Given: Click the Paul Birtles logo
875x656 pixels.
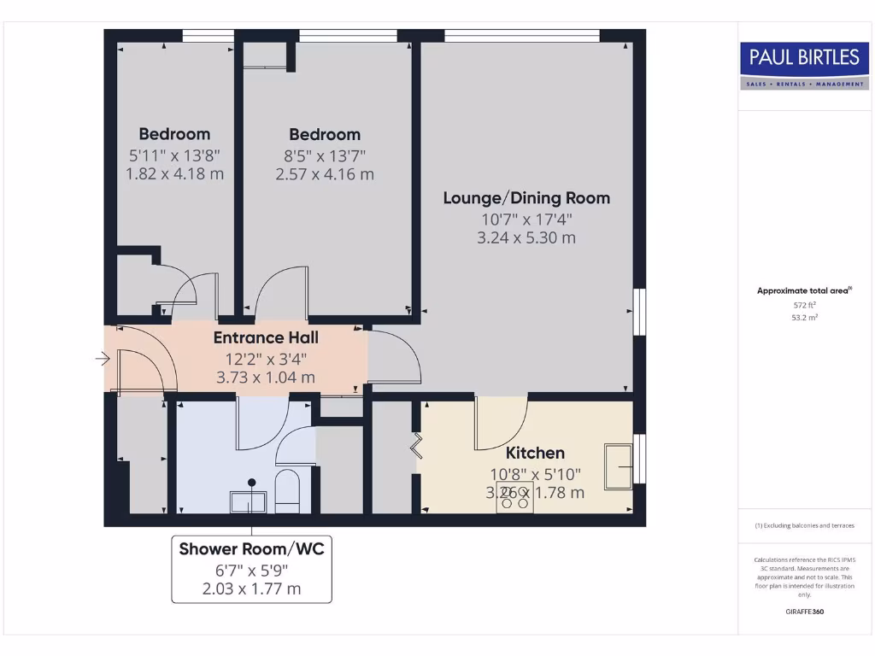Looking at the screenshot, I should click(x=803, y=66).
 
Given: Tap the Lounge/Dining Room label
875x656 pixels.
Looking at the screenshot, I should click(x=526, y=198).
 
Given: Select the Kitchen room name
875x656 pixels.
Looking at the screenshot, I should click(x=535, y=453).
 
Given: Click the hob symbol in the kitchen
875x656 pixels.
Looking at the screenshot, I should click(x=514, y=498).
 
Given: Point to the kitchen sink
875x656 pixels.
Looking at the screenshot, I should click(x=619, y=466).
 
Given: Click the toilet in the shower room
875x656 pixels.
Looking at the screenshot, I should click(x=288, y=490).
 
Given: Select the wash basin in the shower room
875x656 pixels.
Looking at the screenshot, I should click(x=248, y=501).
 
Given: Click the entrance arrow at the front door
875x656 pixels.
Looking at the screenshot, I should click(x=103, y=360).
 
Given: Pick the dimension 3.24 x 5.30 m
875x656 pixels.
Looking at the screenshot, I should click(x=526, y=237).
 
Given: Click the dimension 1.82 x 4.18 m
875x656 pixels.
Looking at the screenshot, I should click(x=174, y=173).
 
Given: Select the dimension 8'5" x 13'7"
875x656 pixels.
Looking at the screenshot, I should click(x=325, y=155).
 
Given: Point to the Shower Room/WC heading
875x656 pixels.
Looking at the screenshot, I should click(x=251, y=549).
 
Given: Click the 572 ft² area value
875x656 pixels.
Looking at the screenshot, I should click(x=803, y=304).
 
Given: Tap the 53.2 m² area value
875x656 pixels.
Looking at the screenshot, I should click(x=803, y=316).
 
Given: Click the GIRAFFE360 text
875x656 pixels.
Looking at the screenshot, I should click(x=803, y=612).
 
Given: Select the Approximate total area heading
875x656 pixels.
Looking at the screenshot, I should click(x=803, y=290).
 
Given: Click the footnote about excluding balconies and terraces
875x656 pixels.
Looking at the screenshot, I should click(x=803, y=525).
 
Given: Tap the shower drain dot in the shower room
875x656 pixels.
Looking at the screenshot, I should click(x=252, y=481).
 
